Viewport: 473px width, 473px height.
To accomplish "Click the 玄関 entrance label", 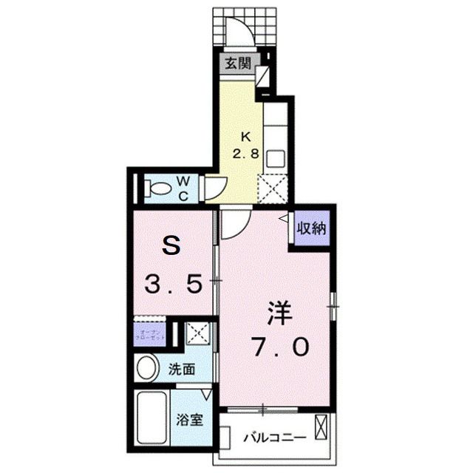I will click(237, 64).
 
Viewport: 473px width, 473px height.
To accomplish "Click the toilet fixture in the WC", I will click(157, 189).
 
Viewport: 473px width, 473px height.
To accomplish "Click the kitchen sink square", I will click(275, 157).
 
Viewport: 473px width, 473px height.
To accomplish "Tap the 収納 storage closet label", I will click(311, 228).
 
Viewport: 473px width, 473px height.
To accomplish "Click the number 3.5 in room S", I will click(174, 284).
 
